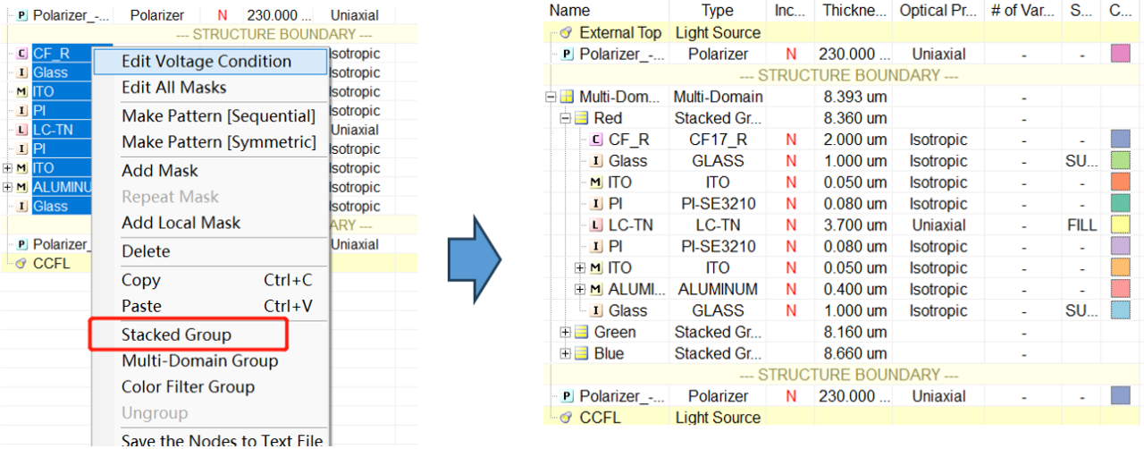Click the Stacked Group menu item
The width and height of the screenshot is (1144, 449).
pos(176,335)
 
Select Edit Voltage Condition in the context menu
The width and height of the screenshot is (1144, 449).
pos(206,62)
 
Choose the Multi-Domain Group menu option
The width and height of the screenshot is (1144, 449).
pos(199,360)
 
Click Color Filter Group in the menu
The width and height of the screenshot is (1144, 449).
pos(188,386)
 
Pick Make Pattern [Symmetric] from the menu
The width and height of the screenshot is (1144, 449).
pos(219,141)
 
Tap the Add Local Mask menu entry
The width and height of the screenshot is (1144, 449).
pos(181,223)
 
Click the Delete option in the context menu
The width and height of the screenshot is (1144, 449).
pos(146,251)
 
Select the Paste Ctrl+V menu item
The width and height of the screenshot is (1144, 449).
pos(216,306)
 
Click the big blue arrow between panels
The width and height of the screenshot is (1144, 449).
pos(474,259)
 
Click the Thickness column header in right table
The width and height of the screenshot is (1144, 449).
pos(854,11)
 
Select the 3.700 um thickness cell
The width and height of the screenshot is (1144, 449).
pos(855,225)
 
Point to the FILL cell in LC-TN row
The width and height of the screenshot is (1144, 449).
pos(1081,225)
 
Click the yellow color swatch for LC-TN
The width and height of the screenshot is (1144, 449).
pos(1120,224)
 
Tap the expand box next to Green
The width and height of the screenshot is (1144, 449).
pos(565,333)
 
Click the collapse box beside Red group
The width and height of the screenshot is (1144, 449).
pos(565,119)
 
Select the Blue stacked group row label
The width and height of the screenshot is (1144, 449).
pos(609,353)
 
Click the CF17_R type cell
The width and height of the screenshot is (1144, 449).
pos(718,140)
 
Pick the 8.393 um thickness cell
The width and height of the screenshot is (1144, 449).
pos(855,97)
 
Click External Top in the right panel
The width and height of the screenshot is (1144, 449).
pos(620,33)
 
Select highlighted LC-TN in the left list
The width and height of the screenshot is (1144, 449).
pos(53,130)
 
